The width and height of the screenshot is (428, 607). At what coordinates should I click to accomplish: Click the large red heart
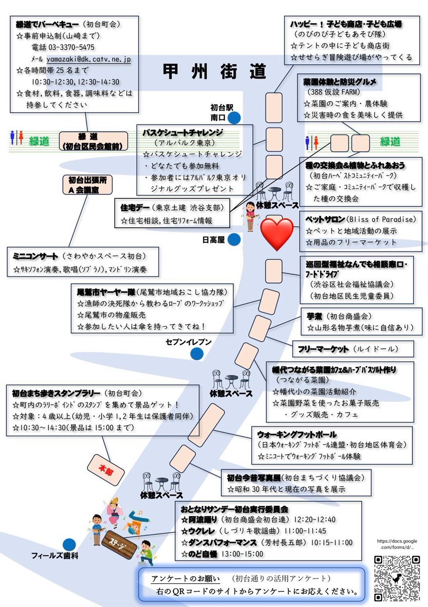pyautogui.click(x=277, y=234)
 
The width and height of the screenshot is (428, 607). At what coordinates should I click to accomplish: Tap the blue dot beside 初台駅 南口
pyautogui.click(x=234, y=118)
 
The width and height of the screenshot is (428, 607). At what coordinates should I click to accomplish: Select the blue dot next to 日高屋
pyautogui.click(x=234, y=240)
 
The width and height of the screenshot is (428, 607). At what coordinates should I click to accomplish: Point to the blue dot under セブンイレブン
pyautogui.click(x=197, y=354)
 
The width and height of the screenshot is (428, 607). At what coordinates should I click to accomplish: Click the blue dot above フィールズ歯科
pyautogui.click(x=69, y=545)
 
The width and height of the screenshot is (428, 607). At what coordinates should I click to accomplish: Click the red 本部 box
pyautogui.click(x=106, y=470)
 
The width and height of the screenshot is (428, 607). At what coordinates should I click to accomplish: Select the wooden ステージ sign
pyautogui.click(x=119, y=543)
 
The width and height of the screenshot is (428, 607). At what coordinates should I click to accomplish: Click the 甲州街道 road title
pyautogui.click(x=214, y=71)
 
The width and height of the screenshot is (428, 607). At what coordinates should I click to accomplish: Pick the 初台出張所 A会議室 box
pyautogui.click(x=88, y=185)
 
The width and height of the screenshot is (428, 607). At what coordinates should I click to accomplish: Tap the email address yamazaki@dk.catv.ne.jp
pyautogui.click(x=89, y=59)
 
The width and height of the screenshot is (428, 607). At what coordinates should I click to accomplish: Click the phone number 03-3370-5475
pyautogui.click(x=71, y=47)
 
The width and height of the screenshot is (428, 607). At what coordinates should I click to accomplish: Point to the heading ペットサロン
pyautogui.click(x=325, y=219)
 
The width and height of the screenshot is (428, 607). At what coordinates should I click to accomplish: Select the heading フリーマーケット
pyautogui.click(x=323, y=349)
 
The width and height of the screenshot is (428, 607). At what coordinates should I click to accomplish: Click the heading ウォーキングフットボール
pyautogui.click(x=297, y=435)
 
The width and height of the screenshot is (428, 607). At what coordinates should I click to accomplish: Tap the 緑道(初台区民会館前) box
pyautogui.click(x=93, y=141)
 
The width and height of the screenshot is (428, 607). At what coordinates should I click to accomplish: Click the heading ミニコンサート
pyautogui.click(x=35, y=256)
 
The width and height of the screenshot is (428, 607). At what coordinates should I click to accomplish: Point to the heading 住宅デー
pyautogui.click(x=135, y=208)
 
